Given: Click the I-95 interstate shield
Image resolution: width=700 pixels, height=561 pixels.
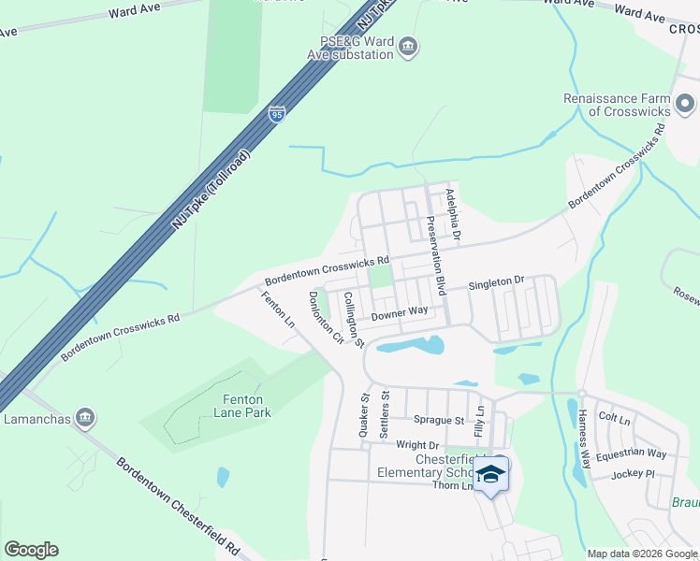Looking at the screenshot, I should [x=276, y=113].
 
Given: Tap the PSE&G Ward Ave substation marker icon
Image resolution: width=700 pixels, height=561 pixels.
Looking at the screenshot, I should [x=407, y=47].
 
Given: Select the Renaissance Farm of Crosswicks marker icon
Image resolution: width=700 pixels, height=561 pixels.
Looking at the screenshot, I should [x=685, y=103].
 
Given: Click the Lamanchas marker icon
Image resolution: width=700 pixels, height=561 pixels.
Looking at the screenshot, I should [x=84, y=416].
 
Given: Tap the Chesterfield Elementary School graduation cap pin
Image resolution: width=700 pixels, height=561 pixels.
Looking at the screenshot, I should [x=490, y=476].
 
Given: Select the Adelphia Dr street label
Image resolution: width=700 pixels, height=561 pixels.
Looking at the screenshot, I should [x=454, y=216].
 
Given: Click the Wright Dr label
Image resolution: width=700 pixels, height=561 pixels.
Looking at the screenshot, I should [x=417, y=445].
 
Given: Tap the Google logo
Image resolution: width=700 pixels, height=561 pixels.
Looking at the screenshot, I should [x=31, y=550].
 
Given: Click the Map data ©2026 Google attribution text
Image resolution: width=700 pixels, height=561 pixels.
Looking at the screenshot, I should [x=642, y=554].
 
